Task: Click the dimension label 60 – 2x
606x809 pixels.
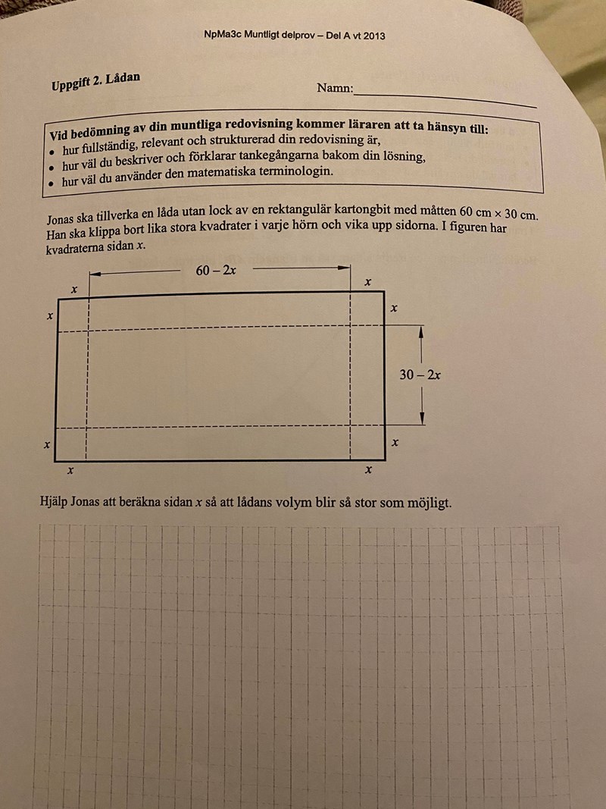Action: (216, 271)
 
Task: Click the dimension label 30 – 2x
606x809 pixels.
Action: (421, 374)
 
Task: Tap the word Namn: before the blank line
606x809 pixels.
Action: (335, 89)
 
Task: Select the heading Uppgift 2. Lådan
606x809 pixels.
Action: (95, 81)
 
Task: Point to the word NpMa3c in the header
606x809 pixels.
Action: (221, 35)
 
